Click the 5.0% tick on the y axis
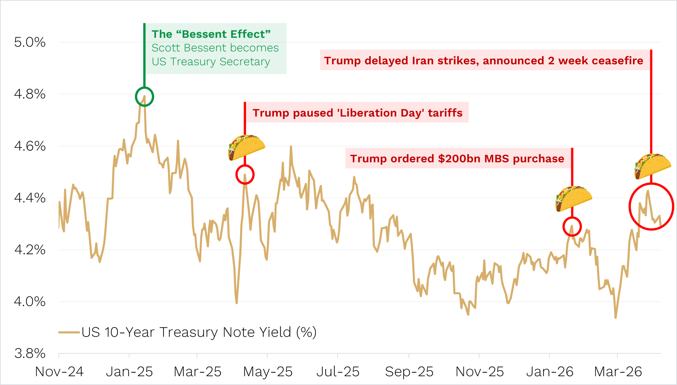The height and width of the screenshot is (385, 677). (30, 42)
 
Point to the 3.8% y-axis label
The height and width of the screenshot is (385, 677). (30, 353)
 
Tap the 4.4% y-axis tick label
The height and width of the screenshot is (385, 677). (30, 198)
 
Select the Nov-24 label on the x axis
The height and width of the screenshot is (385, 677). (59, 372)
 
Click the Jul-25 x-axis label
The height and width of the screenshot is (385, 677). (338, 372)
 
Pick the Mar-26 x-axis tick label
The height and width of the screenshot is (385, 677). (618, 372)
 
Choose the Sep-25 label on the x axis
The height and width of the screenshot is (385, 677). (409, 372)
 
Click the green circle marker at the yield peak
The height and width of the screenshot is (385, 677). (144, 97)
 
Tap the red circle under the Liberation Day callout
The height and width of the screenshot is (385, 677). (245, 175)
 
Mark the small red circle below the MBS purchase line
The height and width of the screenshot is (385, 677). (572, 227)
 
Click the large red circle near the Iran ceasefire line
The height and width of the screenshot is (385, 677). (651, 207)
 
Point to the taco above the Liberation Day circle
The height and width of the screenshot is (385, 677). (246, 147)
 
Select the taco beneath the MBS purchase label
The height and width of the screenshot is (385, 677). (574, 199)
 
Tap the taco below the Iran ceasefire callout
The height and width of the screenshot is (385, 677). (653, 166)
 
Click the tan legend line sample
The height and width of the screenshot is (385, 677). (69, 332)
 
